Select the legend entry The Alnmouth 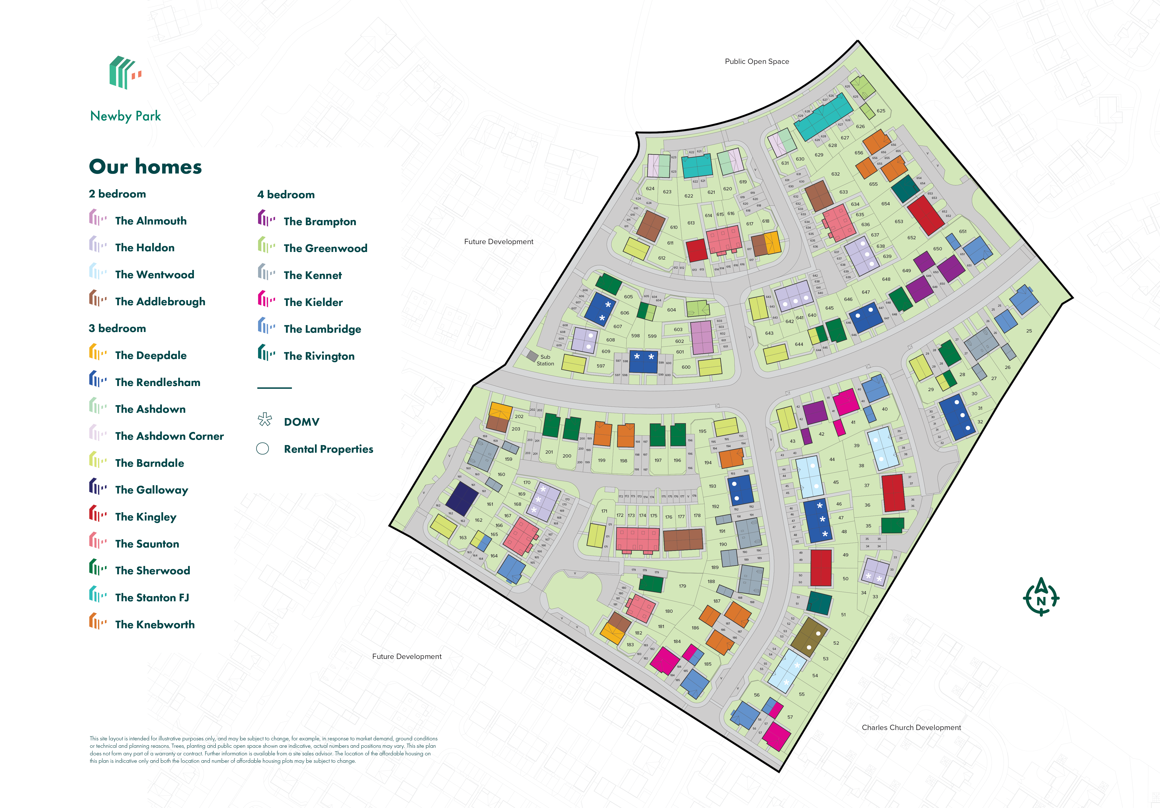click(151, 221)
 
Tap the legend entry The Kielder click(313, 302)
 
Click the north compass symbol click(1041, 598)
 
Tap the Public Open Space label click(756, 62)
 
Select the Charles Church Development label click(911, 728)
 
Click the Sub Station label click(545, 360)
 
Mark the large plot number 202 click(519, 417)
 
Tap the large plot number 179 click(682, 586)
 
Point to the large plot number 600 click(685, 367)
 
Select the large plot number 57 click(790, 717)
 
